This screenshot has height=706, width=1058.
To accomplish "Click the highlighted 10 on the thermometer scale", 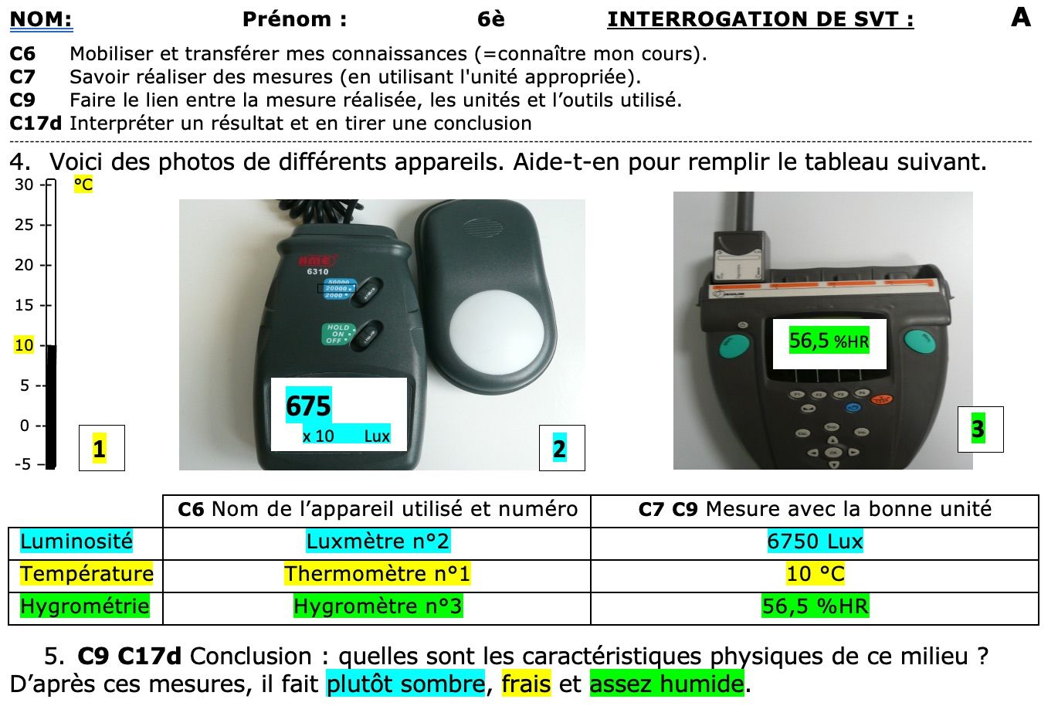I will click(24, 345).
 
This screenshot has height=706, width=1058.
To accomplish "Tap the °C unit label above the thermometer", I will click(83, 185).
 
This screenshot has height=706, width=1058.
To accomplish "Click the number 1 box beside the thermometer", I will click(100, 448).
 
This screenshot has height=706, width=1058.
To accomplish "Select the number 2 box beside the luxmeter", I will click(561, 448).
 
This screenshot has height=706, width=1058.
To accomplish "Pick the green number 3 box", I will click(978, 429).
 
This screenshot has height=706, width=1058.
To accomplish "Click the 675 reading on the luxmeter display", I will click(308, 406).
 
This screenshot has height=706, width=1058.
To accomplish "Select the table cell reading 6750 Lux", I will click(814, 541).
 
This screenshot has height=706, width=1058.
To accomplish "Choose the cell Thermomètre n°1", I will click(377, 574).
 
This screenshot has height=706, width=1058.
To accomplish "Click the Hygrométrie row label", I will click(85, 606).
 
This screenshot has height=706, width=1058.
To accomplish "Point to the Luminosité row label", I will click(76, 541).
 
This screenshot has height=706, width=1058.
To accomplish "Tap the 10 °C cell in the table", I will click(814, 574).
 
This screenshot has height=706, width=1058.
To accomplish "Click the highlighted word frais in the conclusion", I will click(526, 684).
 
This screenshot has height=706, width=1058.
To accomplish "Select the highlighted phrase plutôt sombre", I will click(405, 684).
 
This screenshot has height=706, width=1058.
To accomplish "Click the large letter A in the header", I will click(1020, 17).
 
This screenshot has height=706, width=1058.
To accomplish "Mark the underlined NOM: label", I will click(41, 19).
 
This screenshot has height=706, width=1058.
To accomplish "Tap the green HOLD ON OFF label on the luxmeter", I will click(337, 334).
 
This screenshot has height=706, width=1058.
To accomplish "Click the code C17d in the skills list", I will click(36, 124).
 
